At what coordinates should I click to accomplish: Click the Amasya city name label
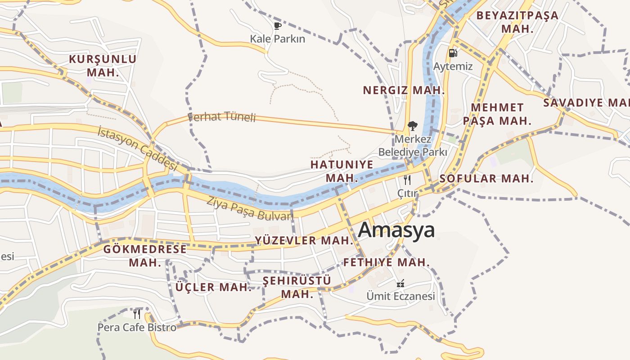click(x=396, y=230)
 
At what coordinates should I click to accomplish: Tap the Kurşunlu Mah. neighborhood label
click(x=103, y=66)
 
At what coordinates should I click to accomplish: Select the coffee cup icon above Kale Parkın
click(x=278, y=26)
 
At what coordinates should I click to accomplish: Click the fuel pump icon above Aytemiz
click(x=453, y=53)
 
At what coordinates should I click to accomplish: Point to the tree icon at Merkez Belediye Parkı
click(x=412, y=126)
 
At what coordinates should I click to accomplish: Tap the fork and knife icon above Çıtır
click(x=407, y=180)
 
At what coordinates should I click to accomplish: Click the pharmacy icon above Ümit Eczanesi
click(x=400, y=283)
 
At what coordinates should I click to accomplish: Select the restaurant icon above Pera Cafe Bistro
click(x=137, y=314)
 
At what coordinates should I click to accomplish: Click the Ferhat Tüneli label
click(x=222, y=117)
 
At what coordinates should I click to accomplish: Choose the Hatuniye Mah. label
click(x=342, y=171)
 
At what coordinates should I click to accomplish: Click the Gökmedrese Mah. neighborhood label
click(x=145, y=256)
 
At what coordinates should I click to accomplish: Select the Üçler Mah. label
click(x=213, y=287)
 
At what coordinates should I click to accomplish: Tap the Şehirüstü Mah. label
click(x=297, y=287)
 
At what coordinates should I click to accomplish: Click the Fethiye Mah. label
click(x=387, y=262)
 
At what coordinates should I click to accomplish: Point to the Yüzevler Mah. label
click(x=304, y=240)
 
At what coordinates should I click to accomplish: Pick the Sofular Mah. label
click(x=486, y=178)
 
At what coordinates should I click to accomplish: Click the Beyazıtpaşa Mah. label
click(x=517, y=22)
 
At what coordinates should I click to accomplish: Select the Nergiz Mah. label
click(x=404, y=90)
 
